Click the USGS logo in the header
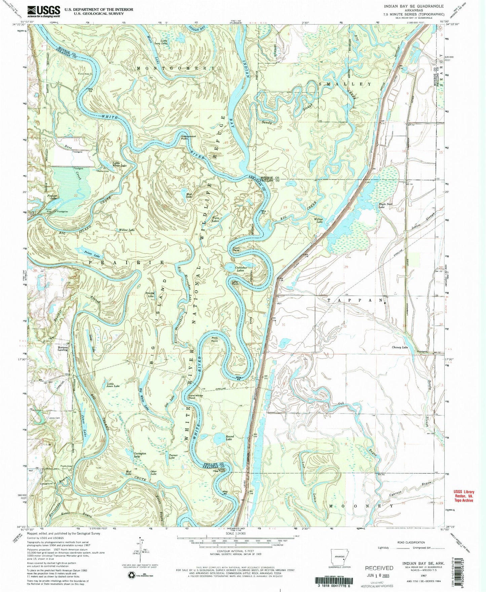(x=44, y=11)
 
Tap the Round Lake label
(x=229, y=438)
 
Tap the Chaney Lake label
(x=400, y=347)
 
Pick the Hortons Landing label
(x=63, y=348)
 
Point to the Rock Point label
(x=215, y=340)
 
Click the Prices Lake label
(x=83, y=251)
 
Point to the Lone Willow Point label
(x=196, y=397)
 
